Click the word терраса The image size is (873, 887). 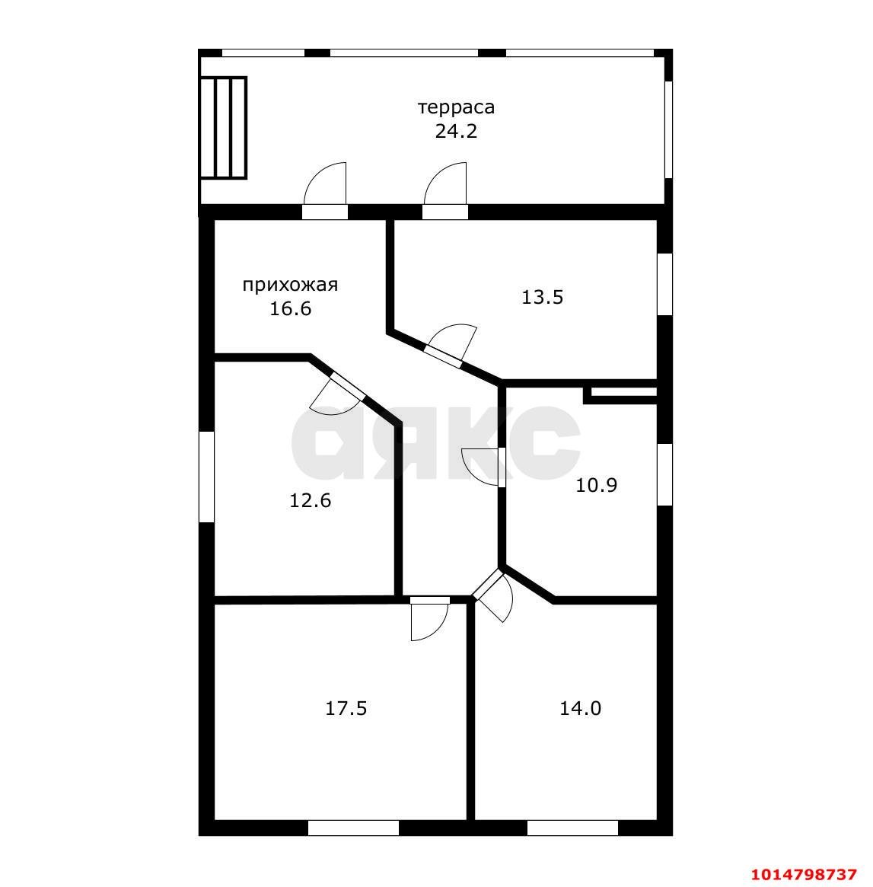(x=457, y=107)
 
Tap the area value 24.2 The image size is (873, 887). (x=457, y=131)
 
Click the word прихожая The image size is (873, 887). (x=290, y=285)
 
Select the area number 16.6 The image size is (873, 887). (x=291, y=309)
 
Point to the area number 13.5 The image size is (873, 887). (x=542, y=297)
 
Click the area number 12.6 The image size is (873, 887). (x=311, y=500)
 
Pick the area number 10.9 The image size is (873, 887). (x=597, y=485)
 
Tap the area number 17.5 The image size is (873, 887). (x=346, y=708)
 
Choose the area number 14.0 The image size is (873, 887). (x=580, y=708)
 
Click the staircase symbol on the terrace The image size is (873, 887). (x=223, y=128)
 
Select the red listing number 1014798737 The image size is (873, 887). (x=804, y=874)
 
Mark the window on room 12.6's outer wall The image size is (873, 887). (x=207, y=477)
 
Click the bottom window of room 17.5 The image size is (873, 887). (x=353, y=828)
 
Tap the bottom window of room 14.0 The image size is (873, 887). (x=573, y=828)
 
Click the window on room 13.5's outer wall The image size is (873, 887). (x=665, y=284)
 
